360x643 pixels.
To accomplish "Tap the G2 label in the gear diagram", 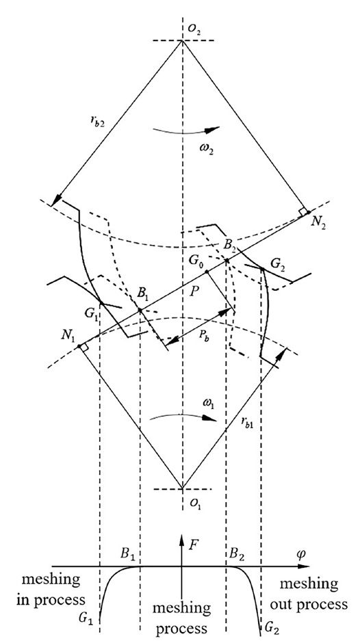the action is (278, 261).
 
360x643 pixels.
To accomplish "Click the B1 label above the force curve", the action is (128, 552).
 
